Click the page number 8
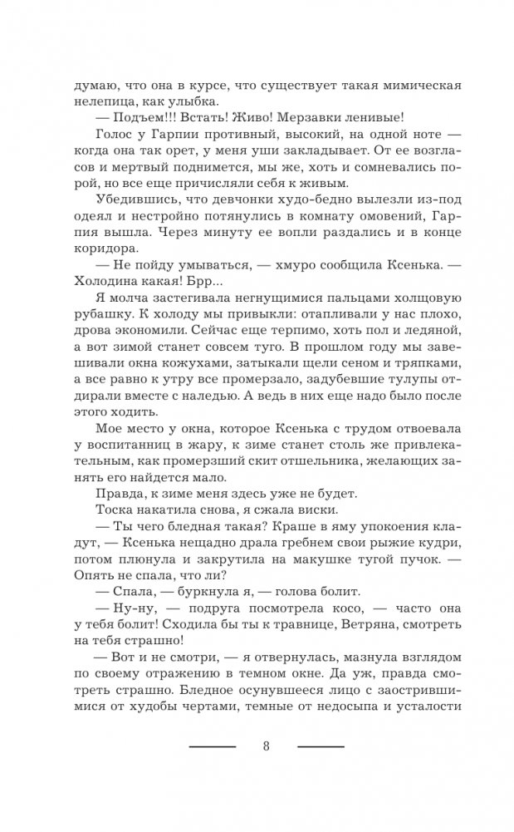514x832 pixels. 266,745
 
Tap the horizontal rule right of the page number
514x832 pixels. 321,746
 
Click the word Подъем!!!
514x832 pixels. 152,119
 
